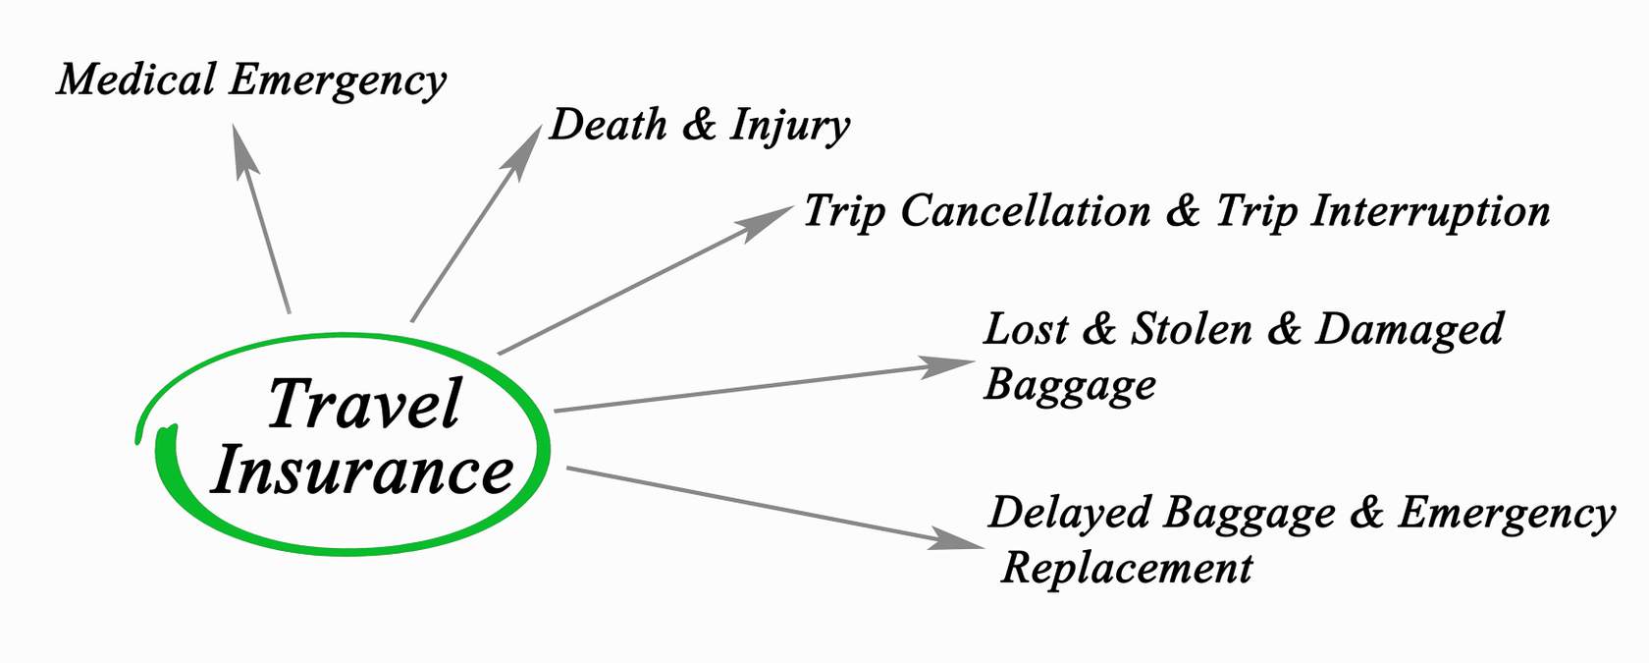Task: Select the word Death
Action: coord(608,125)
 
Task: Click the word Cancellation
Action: coord(1025,211)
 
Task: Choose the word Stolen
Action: coord(1192,329)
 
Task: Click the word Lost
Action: coord(1026,329)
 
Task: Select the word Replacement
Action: coord(1127,569)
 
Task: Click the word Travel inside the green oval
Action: coord(364,405)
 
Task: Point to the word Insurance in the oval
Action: coord(363,471)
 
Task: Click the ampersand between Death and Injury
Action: coord(699,125)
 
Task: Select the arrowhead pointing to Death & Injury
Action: coord(525,148)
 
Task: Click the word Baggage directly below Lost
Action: coord(1070,385)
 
